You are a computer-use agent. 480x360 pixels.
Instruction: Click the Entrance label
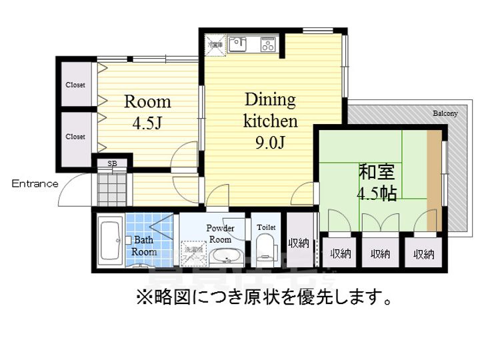tap(35, 184)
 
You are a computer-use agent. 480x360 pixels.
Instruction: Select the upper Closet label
tap(75, 85)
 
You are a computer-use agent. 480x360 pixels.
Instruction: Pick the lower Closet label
tap(75, 137)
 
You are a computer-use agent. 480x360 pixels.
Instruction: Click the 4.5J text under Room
tap(147, 124)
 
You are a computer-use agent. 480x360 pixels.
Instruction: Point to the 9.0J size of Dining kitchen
tap(269, 143)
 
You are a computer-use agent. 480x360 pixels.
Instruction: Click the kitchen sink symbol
tap(237, 45)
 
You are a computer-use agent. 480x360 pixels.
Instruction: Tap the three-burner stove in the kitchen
tap(268, 45)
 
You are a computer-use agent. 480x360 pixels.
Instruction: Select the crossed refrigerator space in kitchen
tap(215, 45)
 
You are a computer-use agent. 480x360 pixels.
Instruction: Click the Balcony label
tap(445, 113)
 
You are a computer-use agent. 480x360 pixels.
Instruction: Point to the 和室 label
tap(377, 172)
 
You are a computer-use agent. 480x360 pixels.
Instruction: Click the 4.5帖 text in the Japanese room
tap(377, 194)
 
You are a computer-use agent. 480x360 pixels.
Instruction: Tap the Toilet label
tap(265, 227)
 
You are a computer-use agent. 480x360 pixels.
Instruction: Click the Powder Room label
tap(219, 233)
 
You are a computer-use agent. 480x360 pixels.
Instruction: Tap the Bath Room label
tap(143, 245)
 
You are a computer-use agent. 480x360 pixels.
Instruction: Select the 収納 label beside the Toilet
tap(298, 243)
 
